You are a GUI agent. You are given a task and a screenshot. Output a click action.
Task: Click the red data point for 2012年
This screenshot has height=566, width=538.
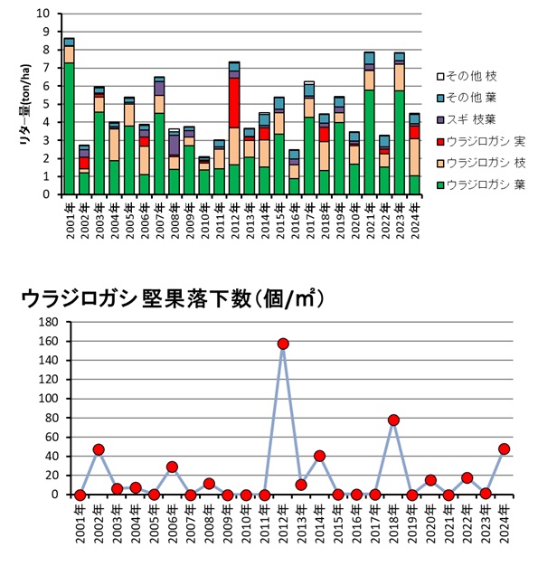[283, 344]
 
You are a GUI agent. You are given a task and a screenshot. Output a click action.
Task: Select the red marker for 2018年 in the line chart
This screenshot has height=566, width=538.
[393, 420]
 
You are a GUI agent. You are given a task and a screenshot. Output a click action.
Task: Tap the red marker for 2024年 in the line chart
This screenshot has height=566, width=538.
[504, 449]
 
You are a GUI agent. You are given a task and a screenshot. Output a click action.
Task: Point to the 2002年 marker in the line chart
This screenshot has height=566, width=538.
[99, 449]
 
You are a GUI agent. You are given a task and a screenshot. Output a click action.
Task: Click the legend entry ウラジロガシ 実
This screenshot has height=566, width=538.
[481, 141]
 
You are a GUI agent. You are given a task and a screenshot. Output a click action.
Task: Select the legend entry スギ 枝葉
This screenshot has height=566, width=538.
[467, 119]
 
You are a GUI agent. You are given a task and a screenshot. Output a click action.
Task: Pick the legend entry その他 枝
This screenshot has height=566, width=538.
[467, 76]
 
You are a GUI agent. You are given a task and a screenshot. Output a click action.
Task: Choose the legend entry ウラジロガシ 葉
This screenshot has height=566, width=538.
[481, 184]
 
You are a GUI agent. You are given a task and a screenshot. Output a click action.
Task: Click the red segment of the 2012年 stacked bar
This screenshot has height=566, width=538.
[234, 103]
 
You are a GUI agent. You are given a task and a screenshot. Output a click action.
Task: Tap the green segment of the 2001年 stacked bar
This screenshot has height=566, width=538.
[69, 128]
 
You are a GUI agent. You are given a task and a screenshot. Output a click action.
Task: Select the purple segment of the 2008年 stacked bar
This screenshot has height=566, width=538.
[174, 145]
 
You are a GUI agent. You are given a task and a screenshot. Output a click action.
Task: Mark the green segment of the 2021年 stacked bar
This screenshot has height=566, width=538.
[370, 142]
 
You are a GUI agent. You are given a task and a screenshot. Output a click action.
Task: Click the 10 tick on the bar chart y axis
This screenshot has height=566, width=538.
[42, 14]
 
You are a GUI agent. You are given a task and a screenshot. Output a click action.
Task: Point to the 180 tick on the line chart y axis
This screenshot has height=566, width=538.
[49, 322]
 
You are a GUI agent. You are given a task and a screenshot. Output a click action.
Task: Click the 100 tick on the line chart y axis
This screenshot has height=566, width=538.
[49, 399]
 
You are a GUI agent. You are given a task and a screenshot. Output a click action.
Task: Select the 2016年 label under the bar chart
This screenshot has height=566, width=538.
[295, 220]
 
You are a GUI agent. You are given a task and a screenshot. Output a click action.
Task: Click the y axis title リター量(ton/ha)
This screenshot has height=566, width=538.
[25, 105]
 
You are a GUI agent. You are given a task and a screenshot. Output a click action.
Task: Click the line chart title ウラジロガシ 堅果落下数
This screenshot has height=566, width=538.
[136, 299]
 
